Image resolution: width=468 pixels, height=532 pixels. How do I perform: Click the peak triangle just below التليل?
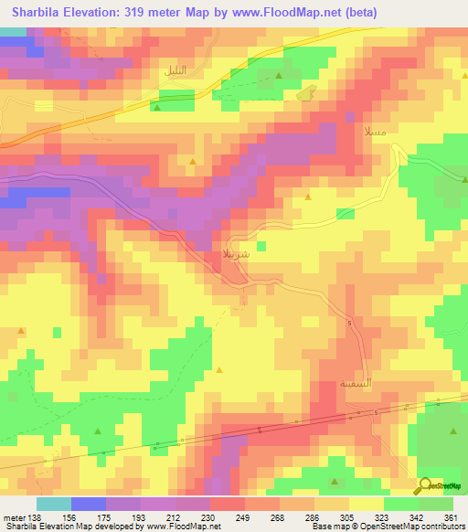coord(156,108)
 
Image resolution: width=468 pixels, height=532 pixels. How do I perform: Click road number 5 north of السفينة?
coord(349,322)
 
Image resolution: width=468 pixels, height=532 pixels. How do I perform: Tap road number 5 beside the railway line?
coord(260,430)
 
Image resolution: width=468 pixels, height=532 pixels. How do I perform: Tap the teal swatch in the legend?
coord(54,503)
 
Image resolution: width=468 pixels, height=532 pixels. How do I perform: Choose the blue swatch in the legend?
coord(89,503)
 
